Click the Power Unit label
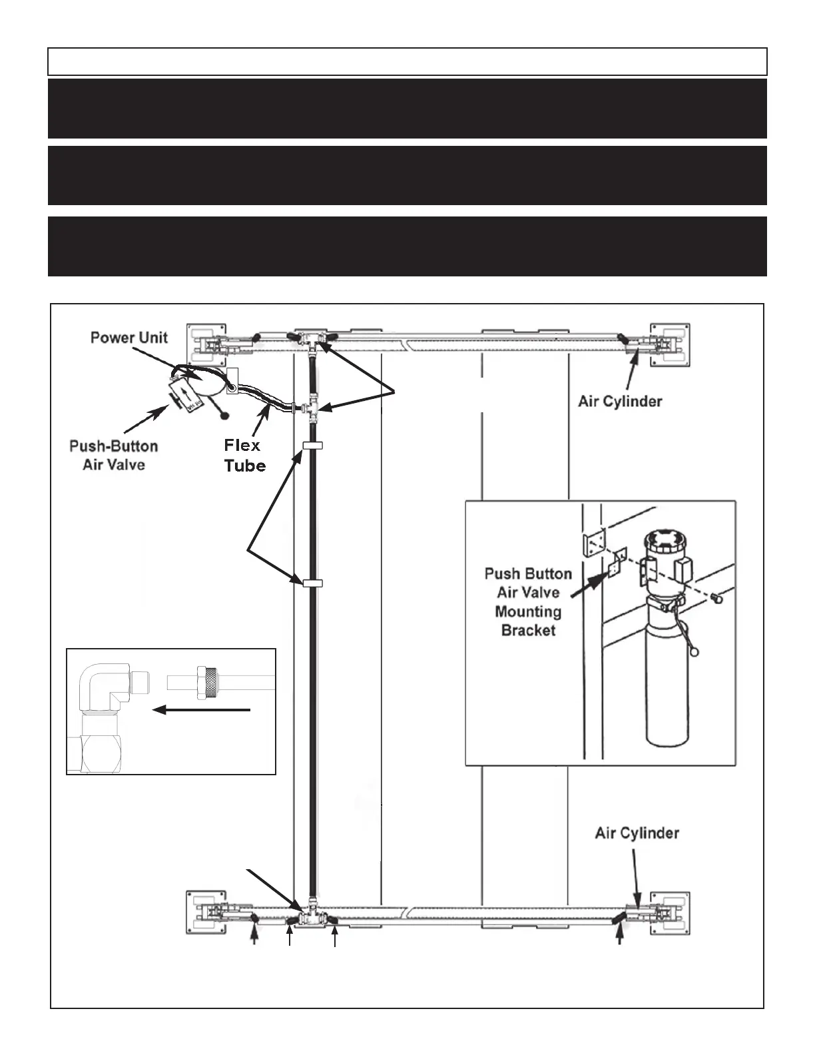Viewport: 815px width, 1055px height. pyautogui.click(x=129, y=337)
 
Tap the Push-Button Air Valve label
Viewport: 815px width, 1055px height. pyautogui.click(x=113, y=455)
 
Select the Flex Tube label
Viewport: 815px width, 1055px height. pyautogui.click(x=244, y=455)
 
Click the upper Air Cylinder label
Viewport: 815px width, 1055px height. pyautogui.click(x=620, y=402)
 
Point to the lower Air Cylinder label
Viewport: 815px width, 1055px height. pyautogui.click(x=637, y=833)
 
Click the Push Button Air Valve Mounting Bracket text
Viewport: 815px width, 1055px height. pyautogui.click(x=528, y=602)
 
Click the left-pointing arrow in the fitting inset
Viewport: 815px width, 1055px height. pyautogui.click(x=201, y=711)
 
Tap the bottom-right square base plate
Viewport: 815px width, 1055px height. pyautogui.click(x=670, y=913)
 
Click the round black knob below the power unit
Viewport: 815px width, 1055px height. pyautogui.click(x=224, y=416)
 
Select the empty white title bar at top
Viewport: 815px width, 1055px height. pyautogui.click(x=407, y=61)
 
